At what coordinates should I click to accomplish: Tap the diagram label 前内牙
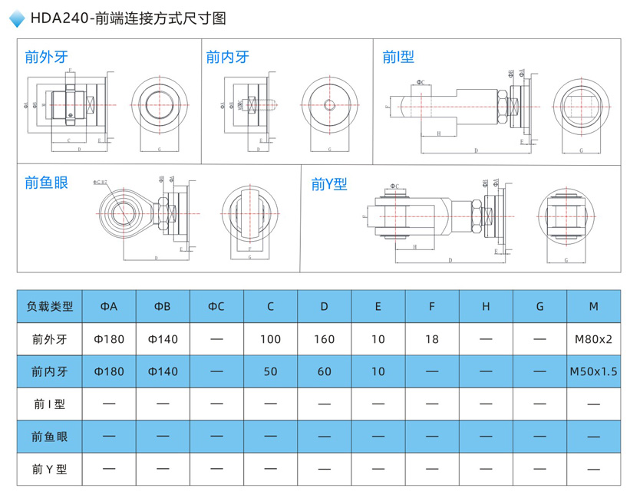click(x=227, y=56)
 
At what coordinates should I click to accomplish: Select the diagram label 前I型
click(x=398, y=56)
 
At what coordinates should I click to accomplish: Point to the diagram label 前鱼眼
click(x=46, y=182)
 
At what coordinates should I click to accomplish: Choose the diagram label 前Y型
click(x=329, y=184)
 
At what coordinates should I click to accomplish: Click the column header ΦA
click(x=109, y=306)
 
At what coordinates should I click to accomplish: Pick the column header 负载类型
click(x=50, y=306)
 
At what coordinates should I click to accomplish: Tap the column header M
click(x=593, y=306)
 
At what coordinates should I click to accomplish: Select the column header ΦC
click(x=216, y=306)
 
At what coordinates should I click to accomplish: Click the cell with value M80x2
click(x=593, y=339)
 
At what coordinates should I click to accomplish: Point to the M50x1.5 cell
click(x=593, y=371)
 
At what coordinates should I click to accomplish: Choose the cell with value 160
click(x=324, y=339)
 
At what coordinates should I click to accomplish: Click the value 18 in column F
click(x=432, y=339)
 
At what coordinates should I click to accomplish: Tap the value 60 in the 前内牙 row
click(x=324, y=371)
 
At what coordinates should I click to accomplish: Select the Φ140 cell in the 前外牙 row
click(x=163, y=339)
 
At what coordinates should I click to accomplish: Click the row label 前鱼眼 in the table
click(x=50, y=436)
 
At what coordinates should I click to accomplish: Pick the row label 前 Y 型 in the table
click(x=50, y=469)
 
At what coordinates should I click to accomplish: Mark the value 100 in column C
click(x=270, y=339)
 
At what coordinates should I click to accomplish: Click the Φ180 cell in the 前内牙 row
click(x=109, y=371)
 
